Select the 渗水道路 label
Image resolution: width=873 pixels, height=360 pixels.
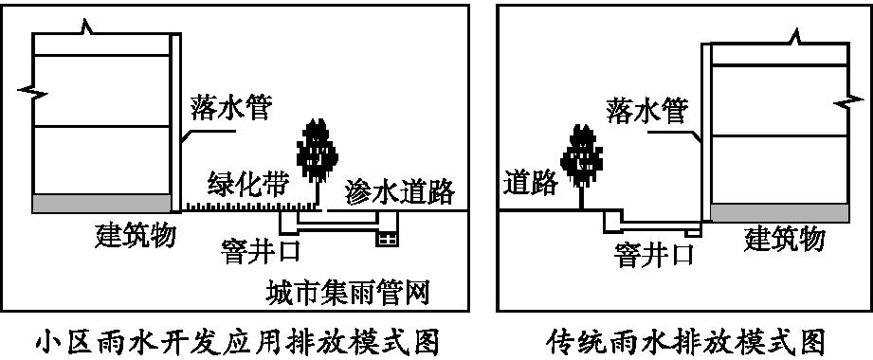click(398, 189)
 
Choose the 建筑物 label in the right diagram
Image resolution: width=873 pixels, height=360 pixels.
click(784, 238)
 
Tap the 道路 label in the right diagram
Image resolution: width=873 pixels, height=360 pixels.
click(530, 183)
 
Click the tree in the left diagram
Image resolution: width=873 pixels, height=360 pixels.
click(314, 152)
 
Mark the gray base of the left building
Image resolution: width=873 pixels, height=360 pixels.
click(103, 204)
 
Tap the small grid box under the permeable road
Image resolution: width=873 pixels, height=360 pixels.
click(387, 240)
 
